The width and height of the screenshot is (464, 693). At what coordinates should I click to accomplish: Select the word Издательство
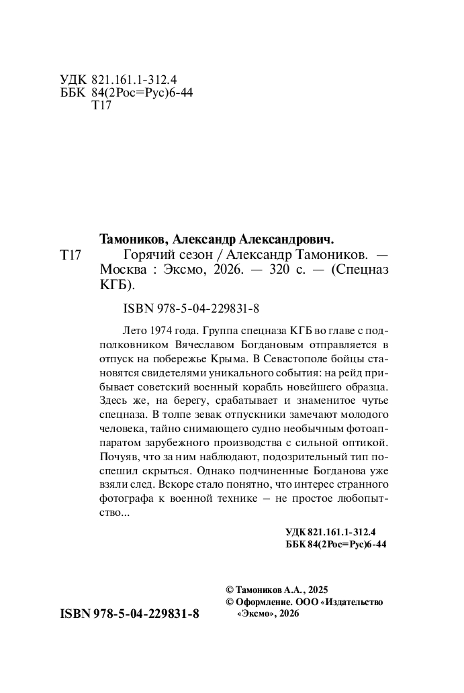point(355,602)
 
